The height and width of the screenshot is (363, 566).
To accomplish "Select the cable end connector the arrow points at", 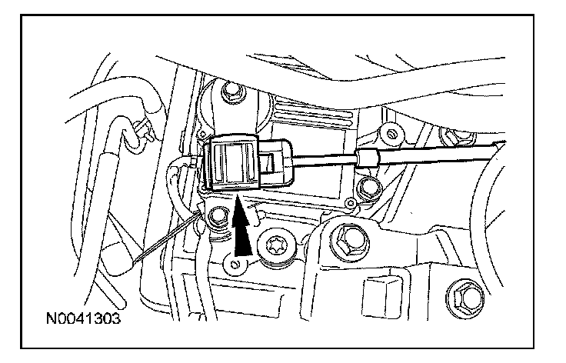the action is click(250, 162).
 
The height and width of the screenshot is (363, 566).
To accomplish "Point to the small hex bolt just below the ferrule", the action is click(371, 185).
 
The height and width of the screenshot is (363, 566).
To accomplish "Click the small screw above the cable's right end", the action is click(392, 135).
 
